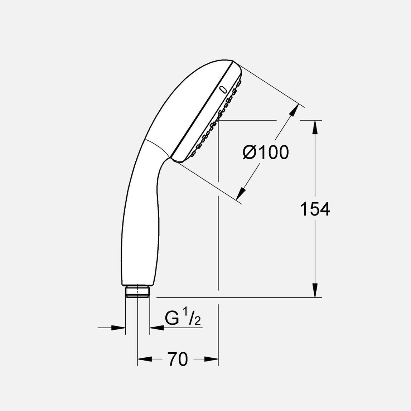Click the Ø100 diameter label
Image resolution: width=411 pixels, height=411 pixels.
[266, 153]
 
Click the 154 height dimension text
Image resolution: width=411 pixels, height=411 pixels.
[315, 209]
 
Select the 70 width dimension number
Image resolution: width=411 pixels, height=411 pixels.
[178, 359]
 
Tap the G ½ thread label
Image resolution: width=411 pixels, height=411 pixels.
[183, 318]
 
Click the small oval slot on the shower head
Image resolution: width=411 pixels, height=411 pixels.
[223, 90]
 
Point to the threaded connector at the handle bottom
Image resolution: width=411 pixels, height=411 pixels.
[137, 291]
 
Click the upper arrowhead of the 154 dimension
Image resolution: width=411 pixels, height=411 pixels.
[315, 127]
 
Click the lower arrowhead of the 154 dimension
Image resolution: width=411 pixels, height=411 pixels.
[315, 290]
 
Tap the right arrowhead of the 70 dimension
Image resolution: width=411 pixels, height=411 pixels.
[212, 359]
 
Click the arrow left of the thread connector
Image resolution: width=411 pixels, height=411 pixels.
[118, 327]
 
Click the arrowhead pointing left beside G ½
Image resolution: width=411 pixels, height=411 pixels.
[156, 327]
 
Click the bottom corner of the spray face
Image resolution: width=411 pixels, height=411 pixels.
[178, 161]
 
